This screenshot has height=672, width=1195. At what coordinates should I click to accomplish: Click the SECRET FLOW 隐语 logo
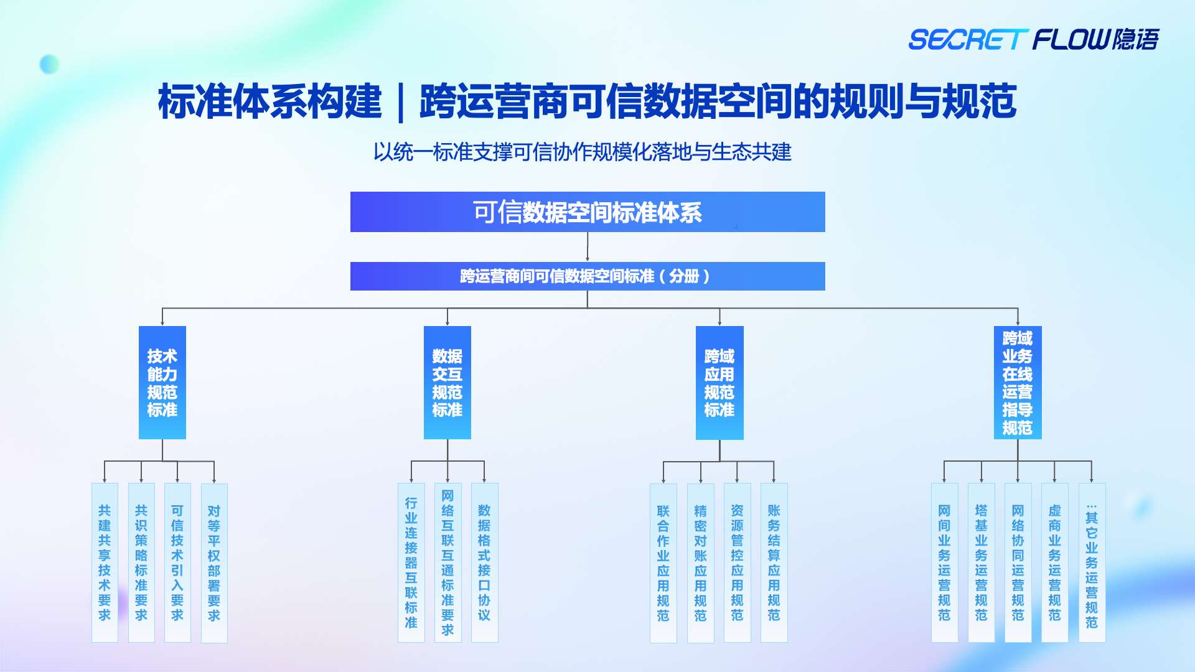coord(1033,39)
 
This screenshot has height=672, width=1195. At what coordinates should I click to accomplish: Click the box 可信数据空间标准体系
coord(588,212)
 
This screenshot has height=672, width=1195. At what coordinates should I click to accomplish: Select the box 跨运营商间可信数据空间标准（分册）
coord(588,276)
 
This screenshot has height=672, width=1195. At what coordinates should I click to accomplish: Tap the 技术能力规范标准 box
coord(162,383)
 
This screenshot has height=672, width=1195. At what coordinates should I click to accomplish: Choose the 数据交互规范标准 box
coord(448,383)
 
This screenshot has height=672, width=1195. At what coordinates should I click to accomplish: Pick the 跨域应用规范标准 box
coord(719,383)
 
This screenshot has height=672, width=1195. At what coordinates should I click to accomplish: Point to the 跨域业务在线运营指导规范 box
coord(1018,383)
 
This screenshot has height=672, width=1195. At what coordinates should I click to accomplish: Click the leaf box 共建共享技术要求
coord(105,562)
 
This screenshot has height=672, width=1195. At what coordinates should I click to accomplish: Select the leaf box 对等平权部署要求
coord(214,562)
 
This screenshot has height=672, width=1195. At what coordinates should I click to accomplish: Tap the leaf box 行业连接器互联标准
coord(411,562)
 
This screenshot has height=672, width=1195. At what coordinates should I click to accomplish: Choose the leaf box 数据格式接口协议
coord(484,562)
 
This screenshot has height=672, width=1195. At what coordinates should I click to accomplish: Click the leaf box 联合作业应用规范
coord(663,562)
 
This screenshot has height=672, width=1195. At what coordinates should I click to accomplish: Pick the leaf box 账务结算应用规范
coord(774,562)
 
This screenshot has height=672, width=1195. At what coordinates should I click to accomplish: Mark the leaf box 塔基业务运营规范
coord(982,562)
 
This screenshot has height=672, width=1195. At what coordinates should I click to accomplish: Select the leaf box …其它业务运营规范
coord(1092,562)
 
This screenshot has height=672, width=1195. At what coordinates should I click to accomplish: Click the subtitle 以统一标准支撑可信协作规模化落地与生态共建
coord(582,152)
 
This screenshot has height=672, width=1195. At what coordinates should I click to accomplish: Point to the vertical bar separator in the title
coord(401,103)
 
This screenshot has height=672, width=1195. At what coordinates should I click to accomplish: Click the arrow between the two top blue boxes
coord(588,247)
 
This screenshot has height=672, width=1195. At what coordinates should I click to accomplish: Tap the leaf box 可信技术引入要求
coord(177,562)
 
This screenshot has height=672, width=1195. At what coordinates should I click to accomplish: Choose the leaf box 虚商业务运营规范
coord(1054,562)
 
